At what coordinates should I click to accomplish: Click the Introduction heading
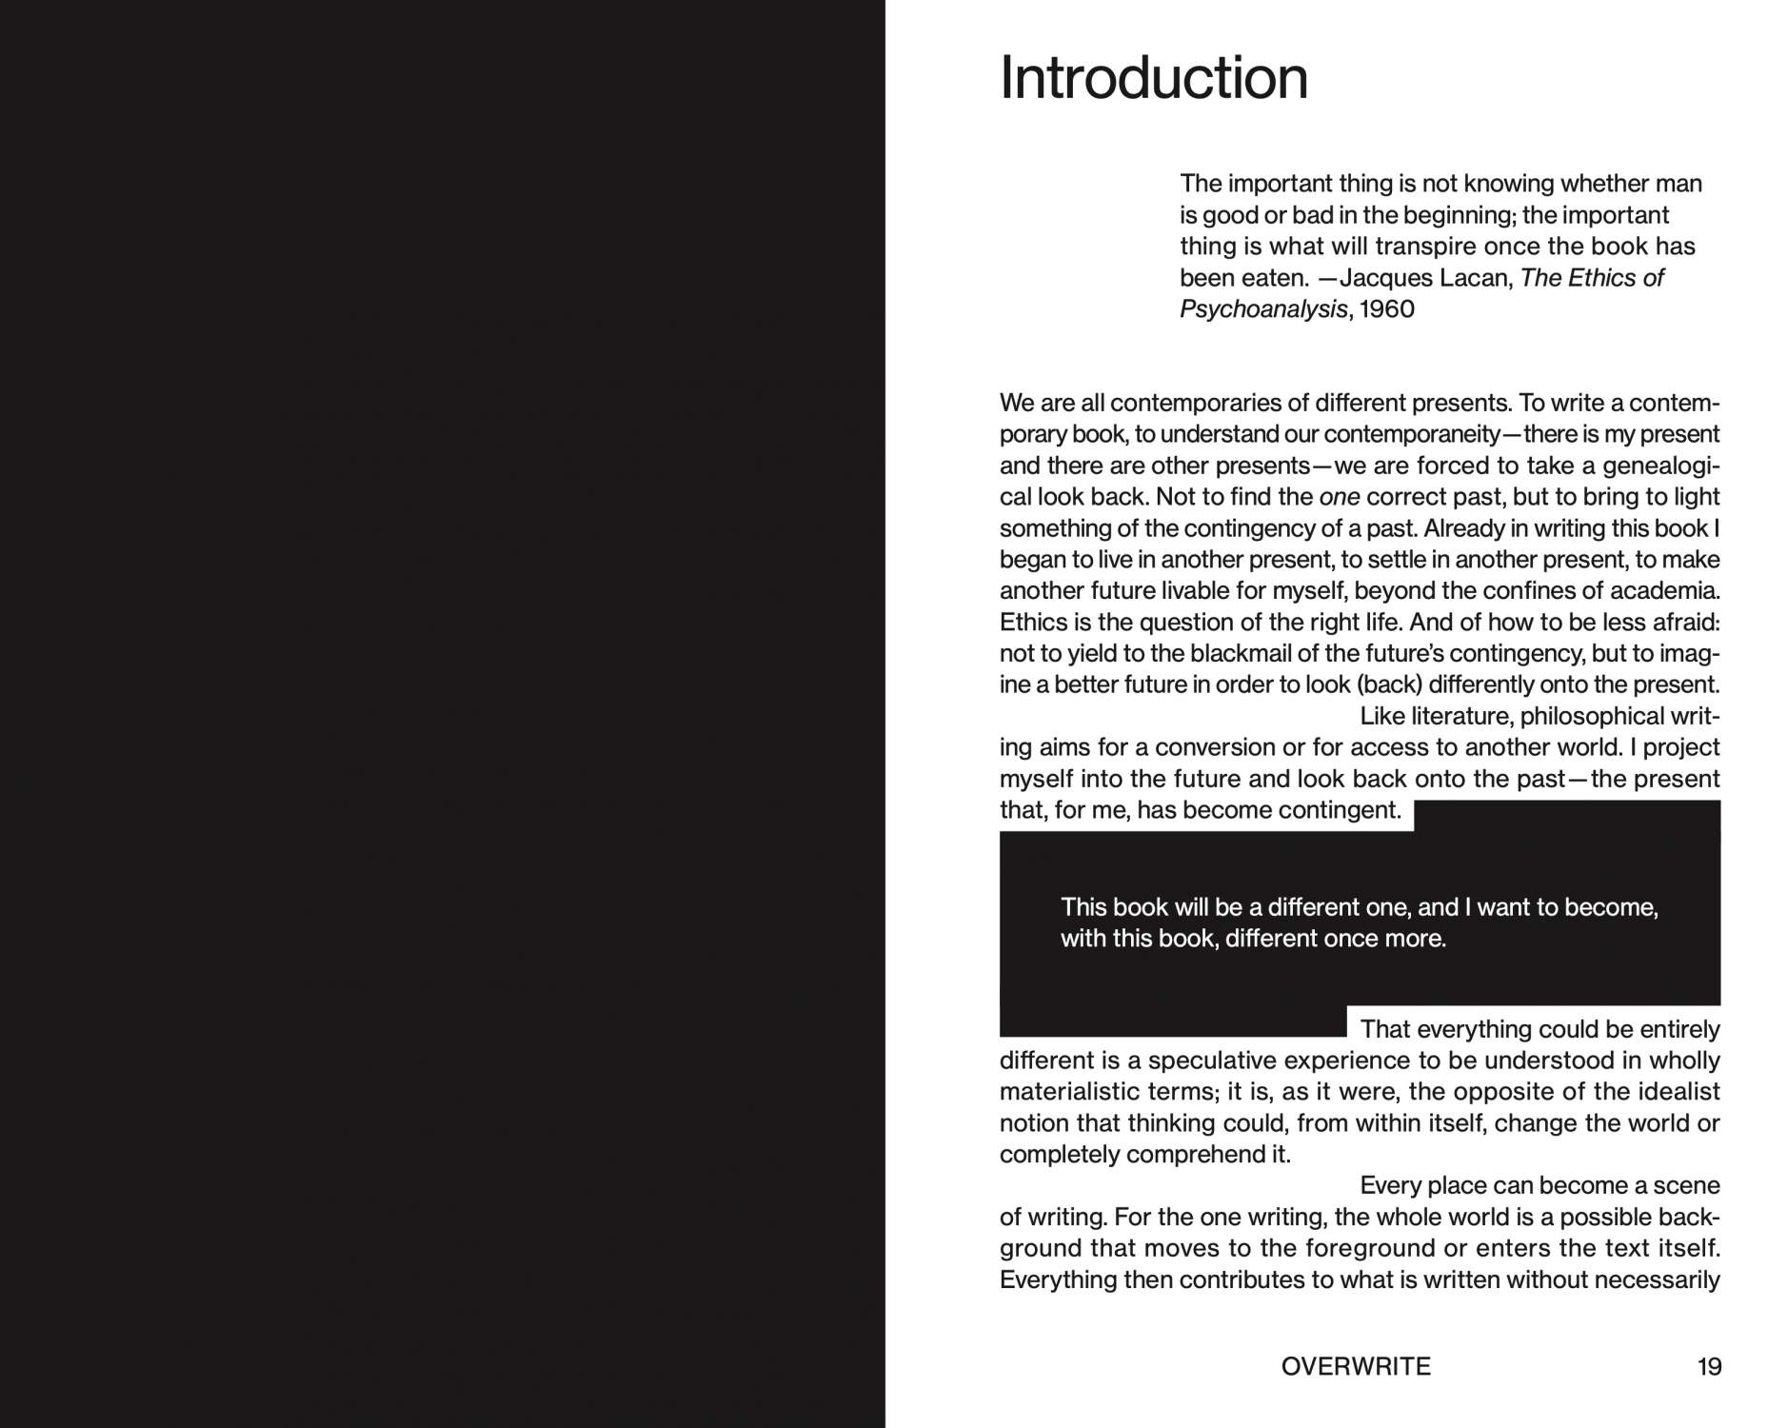pyautogui.click(x=1153, y=78)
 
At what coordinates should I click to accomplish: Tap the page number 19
pyautogui.click(x=1709, y=1367)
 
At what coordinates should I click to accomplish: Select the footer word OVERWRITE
pyautogui.click(x=1356, y=1367)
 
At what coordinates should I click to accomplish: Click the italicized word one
pyautogui.click(x=1339, y=497)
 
